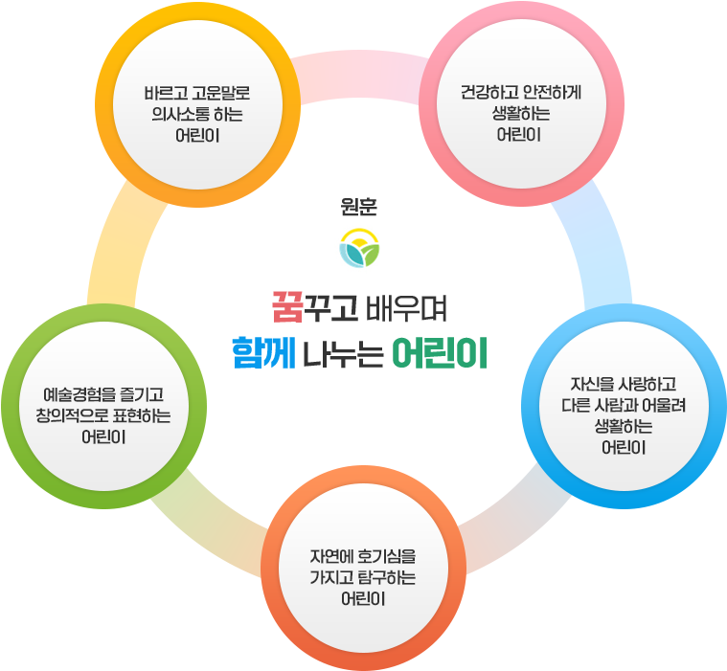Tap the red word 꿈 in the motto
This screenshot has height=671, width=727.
click(x=287, y=308)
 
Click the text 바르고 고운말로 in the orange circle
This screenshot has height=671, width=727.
click(x=195, y=95)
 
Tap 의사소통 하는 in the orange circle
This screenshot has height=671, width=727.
click(x=195, y=115)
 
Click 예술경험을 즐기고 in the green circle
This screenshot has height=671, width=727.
click(x=104, y=394)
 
